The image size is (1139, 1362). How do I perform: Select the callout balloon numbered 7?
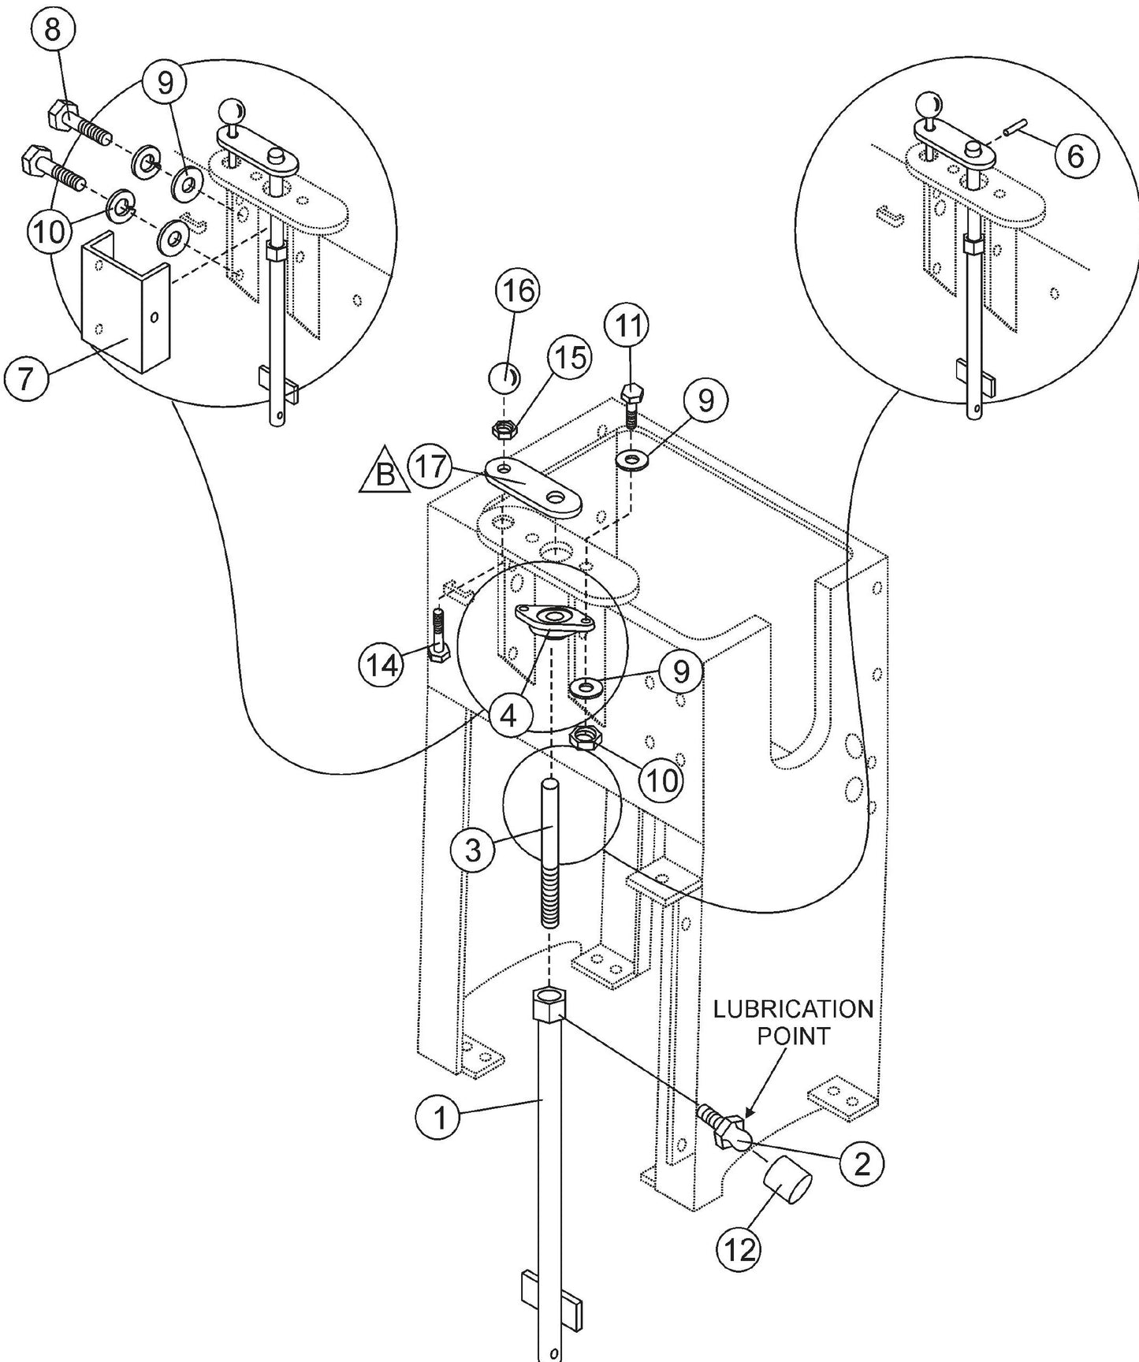click(x=25, y=378)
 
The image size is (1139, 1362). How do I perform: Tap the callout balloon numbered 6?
click(x=1075, y=156)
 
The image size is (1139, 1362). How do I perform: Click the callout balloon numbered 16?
click(x=516, y=291)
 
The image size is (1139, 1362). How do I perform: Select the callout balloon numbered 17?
click(x=431, y=467)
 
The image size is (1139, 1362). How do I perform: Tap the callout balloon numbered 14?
click(x=381, y=665)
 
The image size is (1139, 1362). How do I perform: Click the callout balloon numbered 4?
click(x=508, y=715)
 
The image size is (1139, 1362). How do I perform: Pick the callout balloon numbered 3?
click(x=472, y=850)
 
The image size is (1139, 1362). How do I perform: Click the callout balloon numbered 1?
click(x=438, y=1118)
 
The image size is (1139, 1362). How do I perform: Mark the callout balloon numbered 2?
click(x=862, y=1163)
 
